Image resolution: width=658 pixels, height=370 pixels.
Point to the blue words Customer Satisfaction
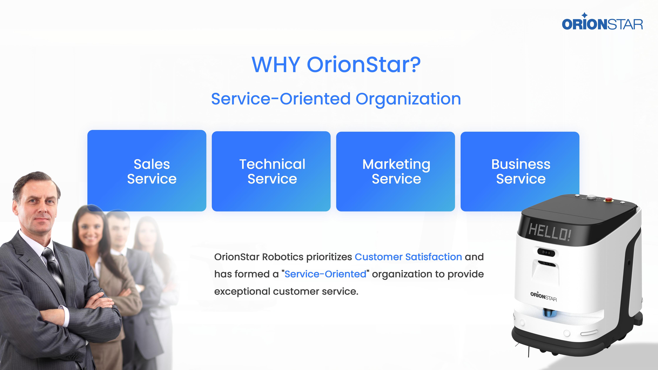pos(408,257)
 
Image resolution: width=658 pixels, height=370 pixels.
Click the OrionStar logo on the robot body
pos(543,296)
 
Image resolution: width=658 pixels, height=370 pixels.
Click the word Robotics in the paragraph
pos(283,257)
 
